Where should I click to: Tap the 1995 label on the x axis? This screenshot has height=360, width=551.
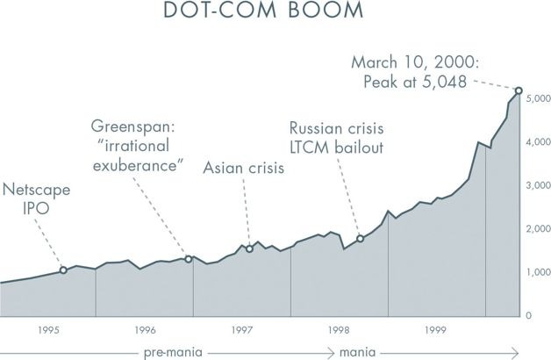tap(48, 330)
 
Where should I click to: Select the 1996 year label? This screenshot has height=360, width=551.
tap(146, 330)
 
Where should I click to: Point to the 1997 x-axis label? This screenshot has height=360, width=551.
tap(242, 330)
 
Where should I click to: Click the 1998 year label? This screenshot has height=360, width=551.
tap(340, 330)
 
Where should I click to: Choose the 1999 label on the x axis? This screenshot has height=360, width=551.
tap(436, 330)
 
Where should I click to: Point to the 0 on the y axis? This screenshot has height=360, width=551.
tap(528, 315)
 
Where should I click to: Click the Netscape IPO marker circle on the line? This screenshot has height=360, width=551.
tap(63, 270)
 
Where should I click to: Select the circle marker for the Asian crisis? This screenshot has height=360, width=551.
tap(250, 248)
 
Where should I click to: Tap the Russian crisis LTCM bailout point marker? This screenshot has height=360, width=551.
tap(360, 238)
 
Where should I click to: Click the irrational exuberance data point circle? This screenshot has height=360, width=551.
tap(189, 259)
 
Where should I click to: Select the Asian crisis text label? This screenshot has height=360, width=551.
tap(244, 168)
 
